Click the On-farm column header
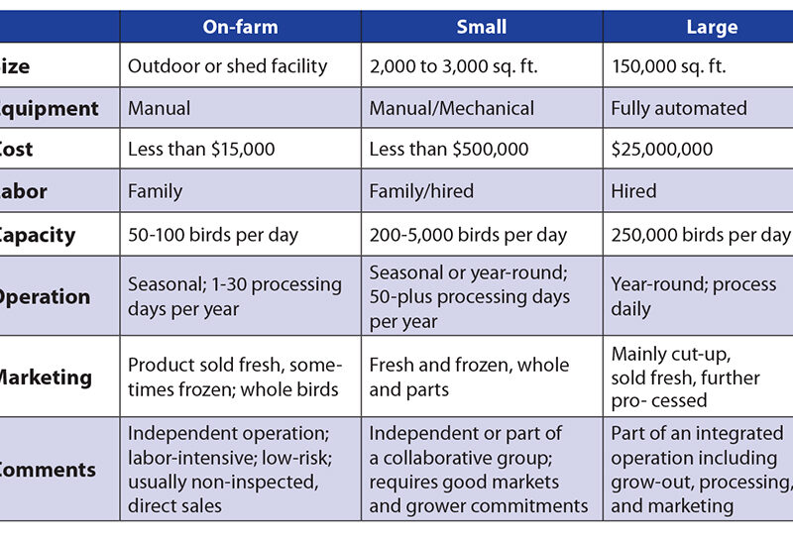point(240,27)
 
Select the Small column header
point(482,27)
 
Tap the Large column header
point(712,27)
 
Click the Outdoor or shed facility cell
point(227,66)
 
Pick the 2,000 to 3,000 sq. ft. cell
point(462,66)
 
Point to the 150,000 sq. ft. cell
point(668,66)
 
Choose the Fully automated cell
point(679,108)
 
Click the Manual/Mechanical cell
point(452,108)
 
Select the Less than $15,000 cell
point(201,150)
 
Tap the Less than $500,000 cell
point(449,150)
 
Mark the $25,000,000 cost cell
point(661,150)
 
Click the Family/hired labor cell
point(421,191)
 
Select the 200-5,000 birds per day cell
point(468,235)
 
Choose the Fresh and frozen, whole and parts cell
point(469,377)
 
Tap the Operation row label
point(45,296)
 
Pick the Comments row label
point(47,470)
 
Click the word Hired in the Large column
point(633,191)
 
